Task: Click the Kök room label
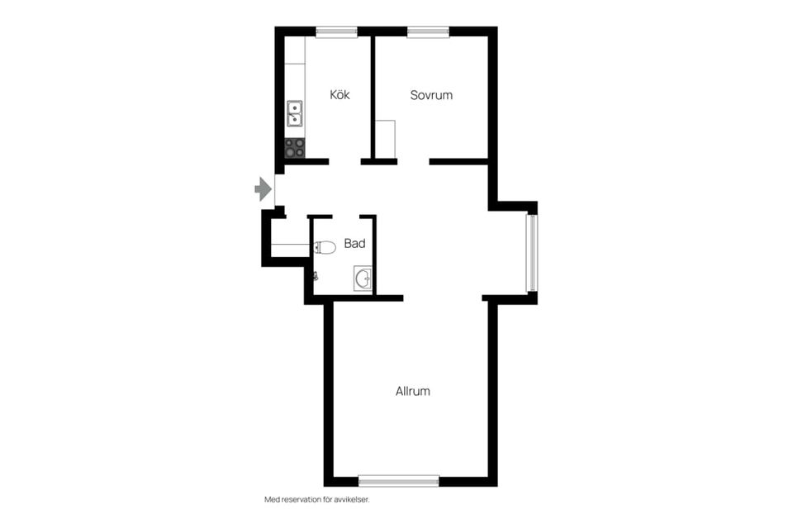click(340, 95)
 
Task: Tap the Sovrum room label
click(431, 95)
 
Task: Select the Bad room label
click(354, 244)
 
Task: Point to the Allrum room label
click(413, 391)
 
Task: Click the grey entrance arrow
click(263, 189)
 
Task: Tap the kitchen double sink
click(295, 113)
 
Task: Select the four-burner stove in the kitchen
click(295, 148)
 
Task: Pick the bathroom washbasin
click(363, 279)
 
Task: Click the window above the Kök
click(336, 32)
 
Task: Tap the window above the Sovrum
click(429, 32)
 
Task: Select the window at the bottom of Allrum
click(398, 481)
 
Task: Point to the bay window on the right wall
click(532, 253)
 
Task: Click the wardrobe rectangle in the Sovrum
click(386, 139)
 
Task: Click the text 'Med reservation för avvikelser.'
click(317, 499)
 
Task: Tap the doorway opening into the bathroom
click(346, 217)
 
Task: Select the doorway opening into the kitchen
click(345, 162)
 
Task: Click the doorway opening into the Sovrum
click(413, 162)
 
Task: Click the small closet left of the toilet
click(290, 238)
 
